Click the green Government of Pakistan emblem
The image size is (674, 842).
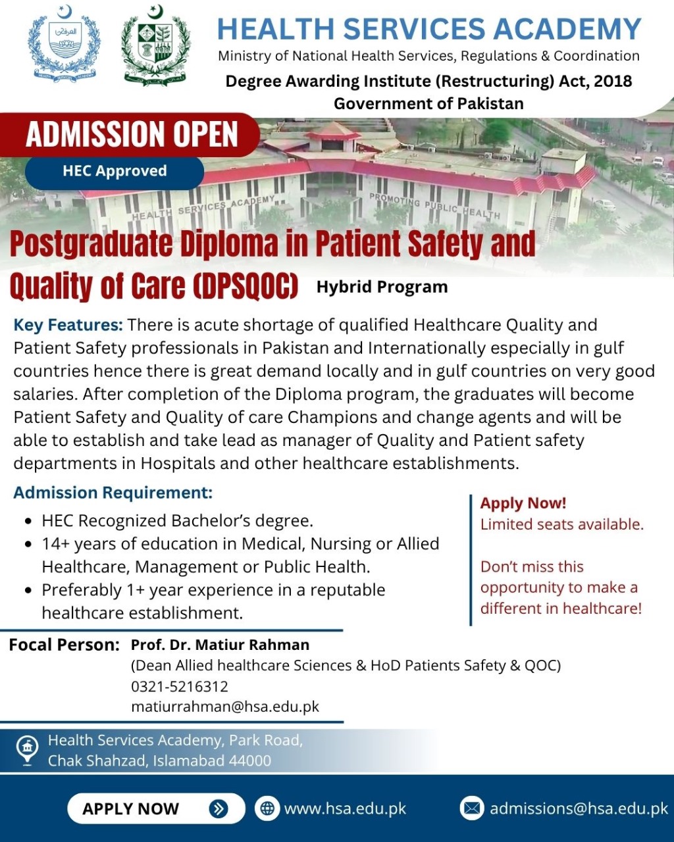pos(155,44)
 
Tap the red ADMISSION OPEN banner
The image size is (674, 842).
pos(129,134)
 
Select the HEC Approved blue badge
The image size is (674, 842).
pos(115,171)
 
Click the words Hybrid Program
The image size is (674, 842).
pos(382,287)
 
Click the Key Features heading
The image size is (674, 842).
pos(68,326)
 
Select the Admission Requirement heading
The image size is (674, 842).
pos(113,493)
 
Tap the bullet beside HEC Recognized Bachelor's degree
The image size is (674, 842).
pos(28,522)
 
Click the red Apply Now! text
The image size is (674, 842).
pos(523,503)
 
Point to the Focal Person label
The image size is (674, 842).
pos(64,645)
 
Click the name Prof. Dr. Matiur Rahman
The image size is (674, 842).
pos(220,645)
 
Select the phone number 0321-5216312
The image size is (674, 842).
pos(180,686)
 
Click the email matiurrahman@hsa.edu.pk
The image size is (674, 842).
pos(225,707)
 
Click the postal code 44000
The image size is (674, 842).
pos(250,760)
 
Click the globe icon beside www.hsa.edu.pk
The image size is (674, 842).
pos(267,808)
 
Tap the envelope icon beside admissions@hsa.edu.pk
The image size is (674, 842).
pos(471,808)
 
